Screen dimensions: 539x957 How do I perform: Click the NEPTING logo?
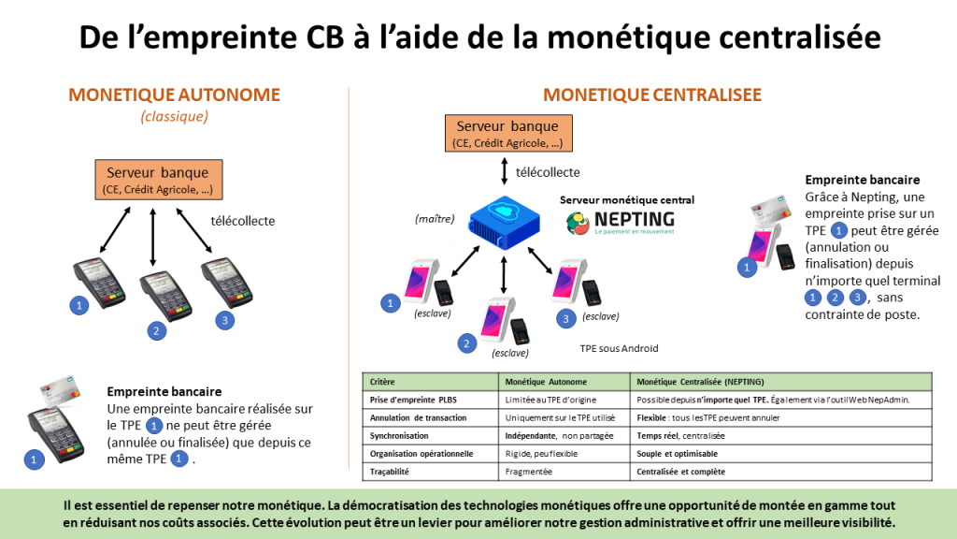pyautogui.click(x=621, y=222)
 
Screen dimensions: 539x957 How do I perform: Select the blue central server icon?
pyautogui.click(x=505, y=223)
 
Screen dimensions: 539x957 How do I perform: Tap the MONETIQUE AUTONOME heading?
pyautogui.click(x=175, y=95)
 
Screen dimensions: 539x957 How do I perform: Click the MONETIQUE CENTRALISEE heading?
pyautogui.click(x=652, y=95)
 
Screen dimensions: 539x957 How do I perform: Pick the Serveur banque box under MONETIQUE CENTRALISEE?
pyautogui.click(x=507, y=134)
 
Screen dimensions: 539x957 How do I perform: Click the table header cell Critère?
pyautogui.click(x=383, y=382)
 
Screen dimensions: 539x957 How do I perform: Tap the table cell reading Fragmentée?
pyautogui.click(x=529, y=472)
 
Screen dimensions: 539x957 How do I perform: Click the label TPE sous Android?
pyautogui.click(x=620, y=348)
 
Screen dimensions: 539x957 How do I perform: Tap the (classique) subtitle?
pyautogui.click(x=174, y=116)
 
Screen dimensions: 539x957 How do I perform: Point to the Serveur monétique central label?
pyautogui.click(x=627, y=200)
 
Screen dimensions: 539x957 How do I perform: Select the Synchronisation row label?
pyautogui.click(x=400, y=436)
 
